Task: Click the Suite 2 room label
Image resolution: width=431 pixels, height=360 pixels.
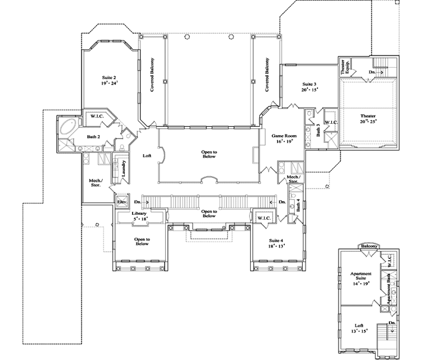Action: (109, 78)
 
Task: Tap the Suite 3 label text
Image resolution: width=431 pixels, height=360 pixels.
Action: (310, 84)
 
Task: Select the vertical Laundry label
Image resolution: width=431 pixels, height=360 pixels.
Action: (124, 169)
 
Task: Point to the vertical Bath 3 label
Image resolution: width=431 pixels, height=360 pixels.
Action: (318, 130)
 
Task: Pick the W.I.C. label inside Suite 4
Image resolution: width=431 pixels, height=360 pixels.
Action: (263, 219)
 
